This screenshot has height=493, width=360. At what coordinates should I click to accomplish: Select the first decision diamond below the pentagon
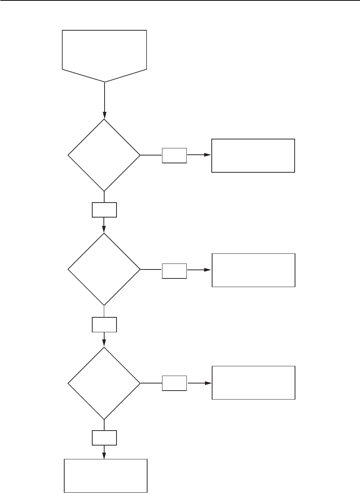104,155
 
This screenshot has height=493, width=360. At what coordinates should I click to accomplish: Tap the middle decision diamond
104,269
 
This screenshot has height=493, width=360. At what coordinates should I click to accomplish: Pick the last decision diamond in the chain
104,383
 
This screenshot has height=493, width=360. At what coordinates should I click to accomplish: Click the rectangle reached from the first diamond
253,155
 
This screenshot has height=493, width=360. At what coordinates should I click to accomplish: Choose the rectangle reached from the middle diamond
254,270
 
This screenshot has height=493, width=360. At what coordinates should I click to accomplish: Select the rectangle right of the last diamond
254,383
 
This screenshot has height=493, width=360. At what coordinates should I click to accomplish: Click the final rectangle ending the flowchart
106,475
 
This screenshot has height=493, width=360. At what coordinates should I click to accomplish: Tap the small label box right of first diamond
174,155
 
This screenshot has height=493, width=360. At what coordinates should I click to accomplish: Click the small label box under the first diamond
104,210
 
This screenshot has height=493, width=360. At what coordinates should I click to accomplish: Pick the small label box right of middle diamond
174,271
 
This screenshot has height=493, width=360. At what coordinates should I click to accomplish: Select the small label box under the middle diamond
104,324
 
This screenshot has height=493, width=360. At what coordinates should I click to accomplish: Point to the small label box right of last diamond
174,383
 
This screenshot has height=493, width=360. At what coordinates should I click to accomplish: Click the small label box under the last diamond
104,438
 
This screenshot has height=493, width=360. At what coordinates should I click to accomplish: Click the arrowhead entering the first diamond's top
104,115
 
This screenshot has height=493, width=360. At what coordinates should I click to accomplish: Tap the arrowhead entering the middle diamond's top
104,229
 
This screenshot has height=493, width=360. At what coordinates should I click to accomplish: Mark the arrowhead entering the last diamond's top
104,343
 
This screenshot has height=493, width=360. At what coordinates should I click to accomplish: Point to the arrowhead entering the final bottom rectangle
104,456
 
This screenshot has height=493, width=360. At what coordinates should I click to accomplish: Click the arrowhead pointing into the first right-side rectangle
208,155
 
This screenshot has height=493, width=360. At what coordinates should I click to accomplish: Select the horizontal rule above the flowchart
180,1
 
